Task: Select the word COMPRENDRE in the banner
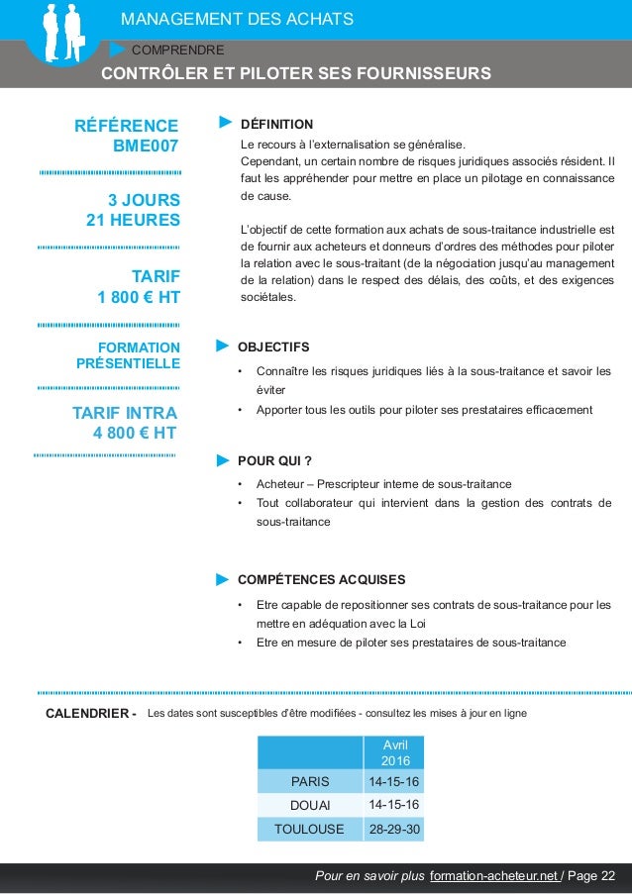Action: [177, 49]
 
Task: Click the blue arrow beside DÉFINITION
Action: [225, 124]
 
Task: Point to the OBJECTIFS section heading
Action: [273, 347]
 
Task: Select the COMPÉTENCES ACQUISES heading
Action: [321, 579]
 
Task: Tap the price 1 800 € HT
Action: [139, 296]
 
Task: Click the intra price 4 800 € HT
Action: [135, 433]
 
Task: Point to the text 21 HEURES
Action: [134, 220]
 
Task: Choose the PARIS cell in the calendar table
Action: [309, 781]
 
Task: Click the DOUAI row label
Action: [309, 805]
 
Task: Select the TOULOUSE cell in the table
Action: [309, 829]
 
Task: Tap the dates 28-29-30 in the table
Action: [393, 829]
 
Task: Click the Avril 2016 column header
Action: [393, 751]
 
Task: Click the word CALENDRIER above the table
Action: [87, 714]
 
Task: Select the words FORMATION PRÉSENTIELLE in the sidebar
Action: [128, 355]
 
